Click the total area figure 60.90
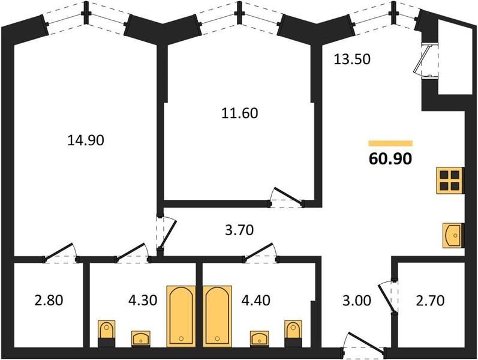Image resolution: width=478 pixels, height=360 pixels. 390,158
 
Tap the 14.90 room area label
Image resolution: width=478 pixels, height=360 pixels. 86,140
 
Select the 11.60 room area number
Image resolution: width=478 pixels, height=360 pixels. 240,113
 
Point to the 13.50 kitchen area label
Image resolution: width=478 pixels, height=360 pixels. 352,59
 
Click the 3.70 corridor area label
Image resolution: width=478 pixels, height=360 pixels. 239,230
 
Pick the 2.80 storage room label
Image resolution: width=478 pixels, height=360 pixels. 49,301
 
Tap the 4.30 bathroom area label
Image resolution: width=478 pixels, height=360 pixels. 143,301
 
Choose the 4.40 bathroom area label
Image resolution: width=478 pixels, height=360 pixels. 255,301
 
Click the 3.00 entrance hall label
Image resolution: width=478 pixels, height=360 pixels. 357,301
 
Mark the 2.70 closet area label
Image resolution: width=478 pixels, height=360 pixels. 430,301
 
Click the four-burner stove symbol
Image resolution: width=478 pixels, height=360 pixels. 450,181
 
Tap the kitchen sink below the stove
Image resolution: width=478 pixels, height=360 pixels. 453,235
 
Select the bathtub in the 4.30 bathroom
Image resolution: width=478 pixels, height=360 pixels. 181,316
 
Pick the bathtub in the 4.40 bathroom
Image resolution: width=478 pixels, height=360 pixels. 217,316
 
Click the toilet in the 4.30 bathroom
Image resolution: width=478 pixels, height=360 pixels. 107,334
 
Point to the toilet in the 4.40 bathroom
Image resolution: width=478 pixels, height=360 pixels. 293,334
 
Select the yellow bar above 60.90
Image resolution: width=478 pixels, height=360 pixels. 390,143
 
